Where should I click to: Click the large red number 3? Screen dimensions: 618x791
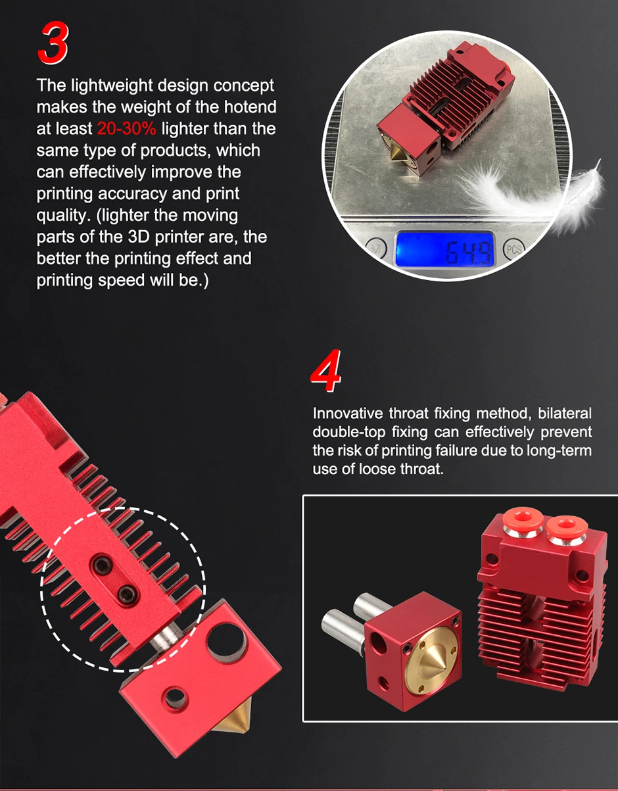click(53, 43)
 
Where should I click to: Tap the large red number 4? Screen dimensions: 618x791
click(326, 371)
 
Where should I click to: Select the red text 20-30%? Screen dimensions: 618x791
click(127, 128)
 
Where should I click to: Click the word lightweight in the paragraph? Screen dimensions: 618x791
click(112, 85)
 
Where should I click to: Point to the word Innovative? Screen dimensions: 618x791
click(348, 414)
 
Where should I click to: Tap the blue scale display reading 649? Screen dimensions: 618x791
click(444, 250)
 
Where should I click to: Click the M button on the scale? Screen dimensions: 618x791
click(375, 249)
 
